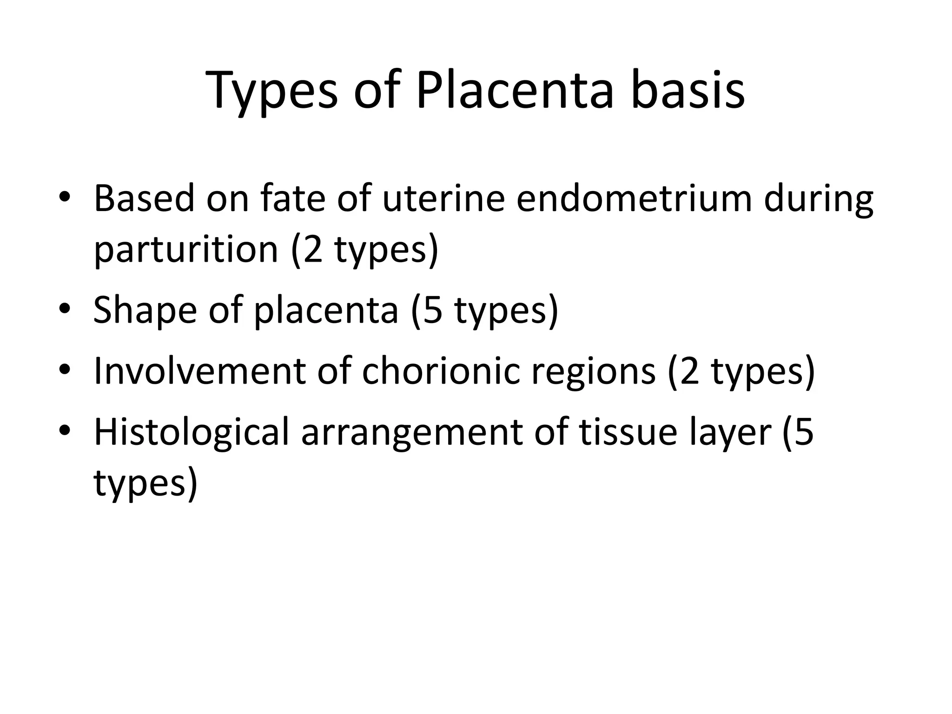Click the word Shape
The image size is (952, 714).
point(145,311)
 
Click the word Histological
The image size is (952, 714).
point(192,432)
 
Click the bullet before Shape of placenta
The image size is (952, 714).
point(65,309)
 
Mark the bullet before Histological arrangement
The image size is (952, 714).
point(65,431)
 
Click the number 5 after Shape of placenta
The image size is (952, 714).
point(433,311)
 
